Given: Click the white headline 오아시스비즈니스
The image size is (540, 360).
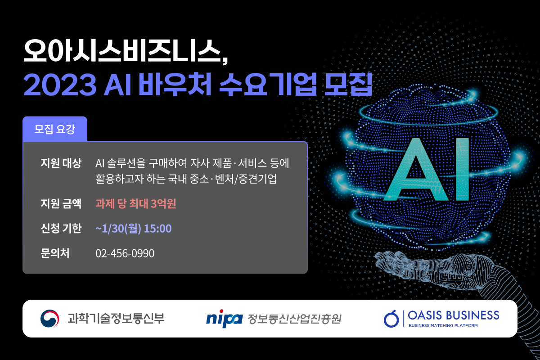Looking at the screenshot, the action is (126, 51).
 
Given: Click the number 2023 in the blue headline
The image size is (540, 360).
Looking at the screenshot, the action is (60, 85).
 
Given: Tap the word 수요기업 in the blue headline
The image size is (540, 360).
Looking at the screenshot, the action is (268, 85).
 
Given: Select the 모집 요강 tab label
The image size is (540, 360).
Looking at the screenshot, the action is (55, 129).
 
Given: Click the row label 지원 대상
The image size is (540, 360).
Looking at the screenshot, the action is (61, 163).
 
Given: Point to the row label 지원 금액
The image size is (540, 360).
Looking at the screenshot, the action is (61, 203).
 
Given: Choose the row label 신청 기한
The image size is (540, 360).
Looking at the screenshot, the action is (61, 228).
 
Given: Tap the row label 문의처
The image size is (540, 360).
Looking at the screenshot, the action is (55, 253).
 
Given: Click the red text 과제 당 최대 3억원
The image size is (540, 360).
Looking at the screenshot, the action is (136, 203).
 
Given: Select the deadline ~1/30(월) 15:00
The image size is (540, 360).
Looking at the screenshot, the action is (134, 228).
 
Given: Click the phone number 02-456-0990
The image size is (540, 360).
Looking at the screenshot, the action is (125, 253).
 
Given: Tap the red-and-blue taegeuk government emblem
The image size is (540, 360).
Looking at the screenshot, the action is (49, 318).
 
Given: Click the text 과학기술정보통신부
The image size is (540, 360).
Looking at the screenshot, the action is (116, 318).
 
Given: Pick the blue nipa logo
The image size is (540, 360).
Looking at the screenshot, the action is (224, 319).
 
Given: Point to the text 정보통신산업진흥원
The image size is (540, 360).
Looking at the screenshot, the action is (294, 319).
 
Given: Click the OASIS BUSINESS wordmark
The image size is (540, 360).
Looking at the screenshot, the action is (454, 315).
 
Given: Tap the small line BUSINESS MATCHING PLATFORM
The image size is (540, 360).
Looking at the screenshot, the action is (443, 325).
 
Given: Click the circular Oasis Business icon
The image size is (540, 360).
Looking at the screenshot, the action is (391, 319).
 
